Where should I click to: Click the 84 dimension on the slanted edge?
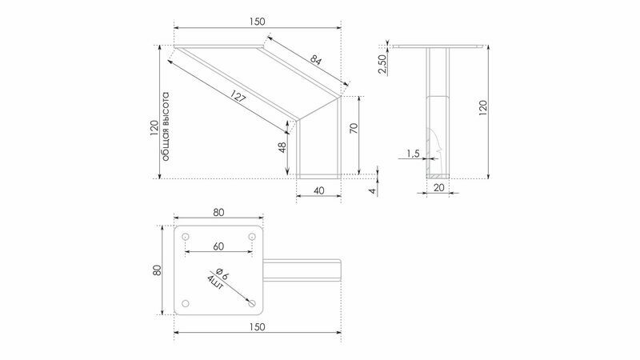point(316,61)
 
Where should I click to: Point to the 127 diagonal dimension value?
point(238,97)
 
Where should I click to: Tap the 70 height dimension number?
point(354,128)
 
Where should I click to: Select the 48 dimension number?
point(282,148)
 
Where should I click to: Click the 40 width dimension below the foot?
point(319,190)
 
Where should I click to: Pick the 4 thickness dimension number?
point(373,190)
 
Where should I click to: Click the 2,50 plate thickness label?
point(382,64)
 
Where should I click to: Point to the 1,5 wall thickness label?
point(413,154)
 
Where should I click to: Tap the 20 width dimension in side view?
point(438,188)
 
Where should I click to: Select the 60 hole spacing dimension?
point(218,246)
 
